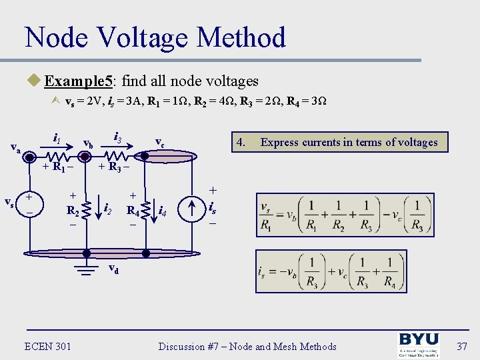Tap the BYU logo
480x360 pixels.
pyautogui.click(x=419, y=345)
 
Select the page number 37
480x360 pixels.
pyautogui.click(x=462, y=346)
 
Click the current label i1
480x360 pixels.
pyautogui.click(x=57, y=139)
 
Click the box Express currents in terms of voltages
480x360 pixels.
pyautogui.click(x=340, y=142)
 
